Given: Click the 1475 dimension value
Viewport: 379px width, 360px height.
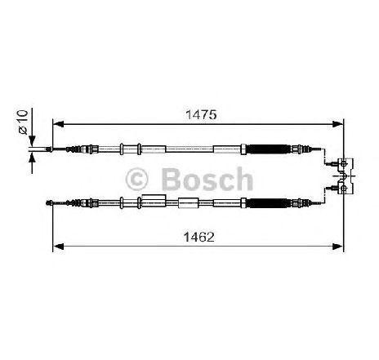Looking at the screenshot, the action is click(201, 114).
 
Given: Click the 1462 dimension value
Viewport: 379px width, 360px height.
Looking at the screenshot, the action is click(199, 237).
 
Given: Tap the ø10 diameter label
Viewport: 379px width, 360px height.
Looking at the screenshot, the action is click(23, 122).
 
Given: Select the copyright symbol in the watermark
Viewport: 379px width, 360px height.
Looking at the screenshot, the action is click(136, 180).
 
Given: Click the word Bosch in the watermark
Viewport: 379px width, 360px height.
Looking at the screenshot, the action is click(207, 179).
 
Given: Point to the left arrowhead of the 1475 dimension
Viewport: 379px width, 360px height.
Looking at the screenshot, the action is click(58, 124).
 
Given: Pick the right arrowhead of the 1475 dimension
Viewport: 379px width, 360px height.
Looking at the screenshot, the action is click(337, 124).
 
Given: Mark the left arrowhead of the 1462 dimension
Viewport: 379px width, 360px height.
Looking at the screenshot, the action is click(58, 247).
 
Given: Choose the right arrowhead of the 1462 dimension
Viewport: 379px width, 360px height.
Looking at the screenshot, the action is click(337, 247).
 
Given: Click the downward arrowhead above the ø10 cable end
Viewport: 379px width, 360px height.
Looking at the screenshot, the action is click(32, 141).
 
